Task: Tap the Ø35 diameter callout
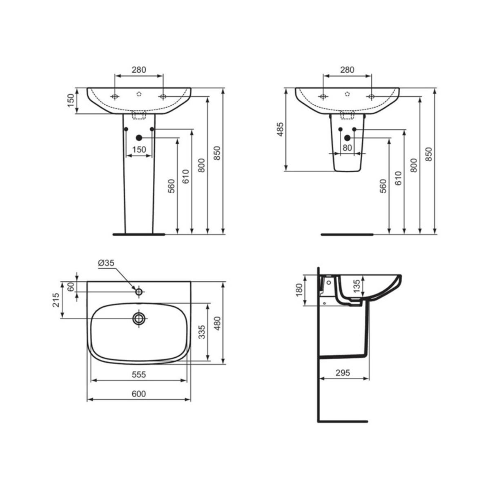pos(106,263)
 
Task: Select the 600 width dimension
pos(139,394)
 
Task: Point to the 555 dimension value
pos(139,374)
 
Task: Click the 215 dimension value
pos(56,300)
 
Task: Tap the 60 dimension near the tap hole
pos(71,286)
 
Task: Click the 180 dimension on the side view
pos(298,290)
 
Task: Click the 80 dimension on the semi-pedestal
pos(347,148)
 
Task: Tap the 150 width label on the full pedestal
pos(139,149)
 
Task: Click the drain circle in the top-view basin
pos(139,318)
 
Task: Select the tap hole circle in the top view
pos(139,292)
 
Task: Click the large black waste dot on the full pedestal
pos(139,138)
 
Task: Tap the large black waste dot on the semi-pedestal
pos(347,138)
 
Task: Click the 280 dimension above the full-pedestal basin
pos(139,70)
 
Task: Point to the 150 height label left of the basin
pos(70,100)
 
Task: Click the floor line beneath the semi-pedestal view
pos(347,235)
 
